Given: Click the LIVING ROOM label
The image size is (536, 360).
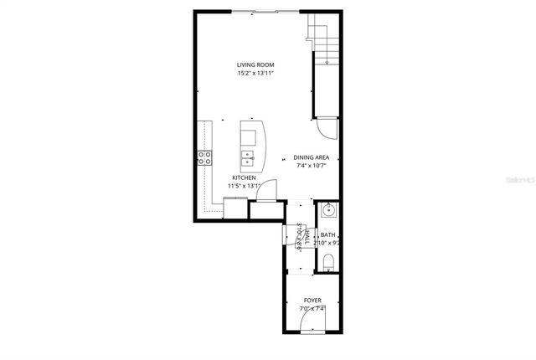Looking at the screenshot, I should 255,65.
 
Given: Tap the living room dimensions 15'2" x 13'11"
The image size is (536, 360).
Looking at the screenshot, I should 255,74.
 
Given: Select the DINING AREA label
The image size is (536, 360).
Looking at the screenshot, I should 310,157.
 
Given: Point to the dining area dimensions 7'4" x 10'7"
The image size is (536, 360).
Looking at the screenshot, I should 310,166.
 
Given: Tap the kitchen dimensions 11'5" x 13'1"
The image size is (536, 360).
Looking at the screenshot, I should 245,186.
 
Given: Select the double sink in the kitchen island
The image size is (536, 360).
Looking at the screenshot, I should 248,156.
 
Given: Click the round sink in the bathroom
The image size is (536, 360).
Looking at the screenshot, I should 327,209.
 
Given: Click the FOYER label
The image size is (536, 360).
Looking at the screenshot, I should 312,300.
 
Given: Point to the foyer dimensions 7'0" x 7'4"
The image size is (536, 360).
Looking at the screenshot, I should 312,308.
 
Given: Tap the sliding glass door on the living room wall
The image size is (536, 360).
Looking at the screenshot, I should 263,12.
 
